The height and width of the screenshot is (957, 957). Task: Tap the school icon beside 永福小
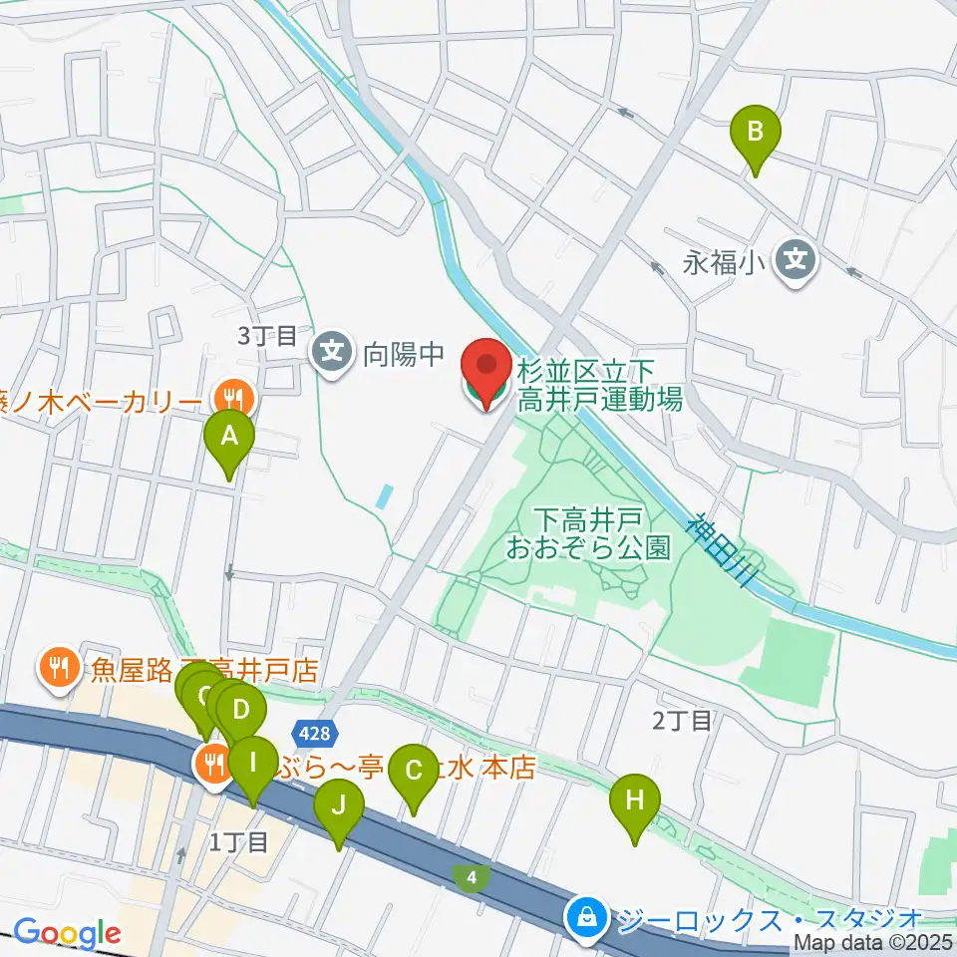tap(797, 262)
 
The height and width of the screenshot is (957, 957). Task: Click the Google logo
tap(66, 934)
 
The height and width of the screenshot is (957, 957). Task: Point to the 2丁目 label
tap(682, 720)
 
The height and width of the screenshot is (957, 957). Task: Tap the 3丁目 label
tap(267, 336)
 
